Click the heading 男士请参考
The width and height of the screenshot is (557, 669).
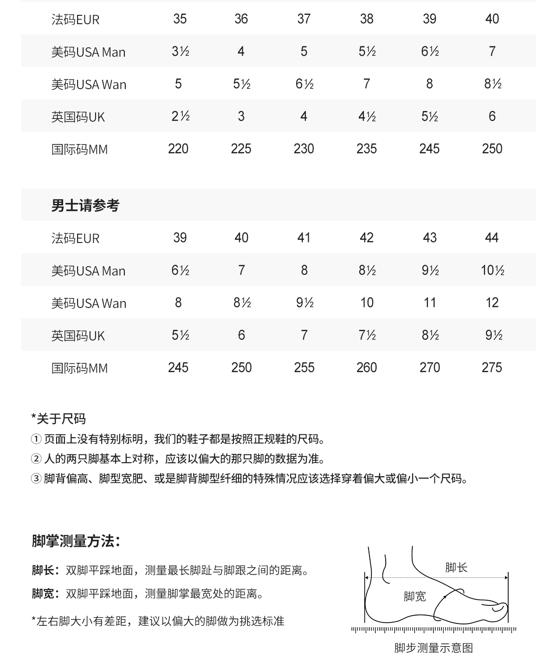tap(85, 205)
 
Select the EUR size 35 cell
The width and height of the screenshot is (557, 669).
tap(180, 19)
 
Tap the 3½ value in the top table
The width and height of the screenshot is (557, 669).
tap(180, 52)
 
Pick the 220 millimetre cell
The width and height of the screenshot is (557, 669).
tap(178, 149)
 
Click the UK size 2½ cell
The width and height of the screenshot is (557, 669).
tap(180, 117)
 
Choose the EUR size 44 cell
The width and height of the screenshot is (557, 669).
tap(492, 238)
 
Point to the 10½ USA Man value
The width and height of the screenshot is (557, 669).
tap(492, 270)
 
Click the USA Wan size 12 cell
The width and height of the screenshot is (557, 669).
tap(492, 303)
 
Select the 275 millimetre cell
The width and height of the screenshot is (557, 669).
tap(492, 368)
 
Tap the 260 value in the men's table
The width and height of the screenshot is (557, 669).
tap(366, 368)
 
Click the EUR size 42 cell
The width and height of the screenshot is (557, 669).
tap(366, 238)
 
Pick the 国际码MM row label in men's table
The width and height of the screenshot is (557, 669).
tap(79, 368)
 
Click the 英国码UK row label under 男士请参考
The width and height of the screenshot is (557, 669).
tap(78, 336)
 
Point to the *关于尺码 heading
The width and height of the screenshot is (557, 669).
tap(58, 419)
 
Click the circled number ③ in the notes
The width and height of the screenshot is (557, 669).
tap(36, 479)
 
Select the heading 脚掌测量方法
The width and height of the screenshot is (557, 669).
tap(76, 541)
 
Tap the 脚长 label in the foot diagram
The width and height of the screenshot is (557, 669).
tap(456, 567)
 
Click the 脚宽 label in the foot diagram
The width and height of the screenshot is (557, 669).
tap(415, 597)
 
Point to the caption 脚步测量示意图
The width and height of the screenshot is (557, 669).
tap(433, 648)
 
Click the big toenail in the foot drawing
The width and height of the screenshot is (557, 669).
tap(499, 607)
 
